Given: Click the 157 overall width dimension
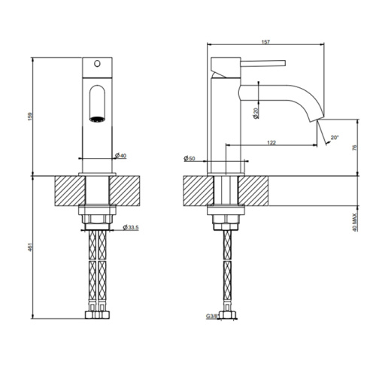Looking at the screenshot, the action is (265, 42).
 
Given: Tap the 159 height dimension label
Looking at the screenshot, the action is (30, 117).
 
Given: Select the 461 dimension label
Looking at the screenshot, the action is (30, 247).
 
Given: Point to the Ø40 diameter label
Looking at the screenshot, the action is (121, 156).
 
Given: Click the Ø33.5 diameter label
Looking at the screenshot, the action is (131, 227).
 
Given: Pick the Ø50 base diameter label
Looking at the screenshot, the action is (190, 159).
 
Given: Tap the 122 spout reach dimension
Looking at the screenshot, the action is (271, 143).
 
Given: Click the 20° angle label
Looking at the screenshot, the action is (335, 138).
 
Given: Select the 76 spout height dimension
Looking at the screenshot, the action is (354, 147).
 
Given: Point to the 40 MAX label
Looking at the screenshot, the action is (354, 222).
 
